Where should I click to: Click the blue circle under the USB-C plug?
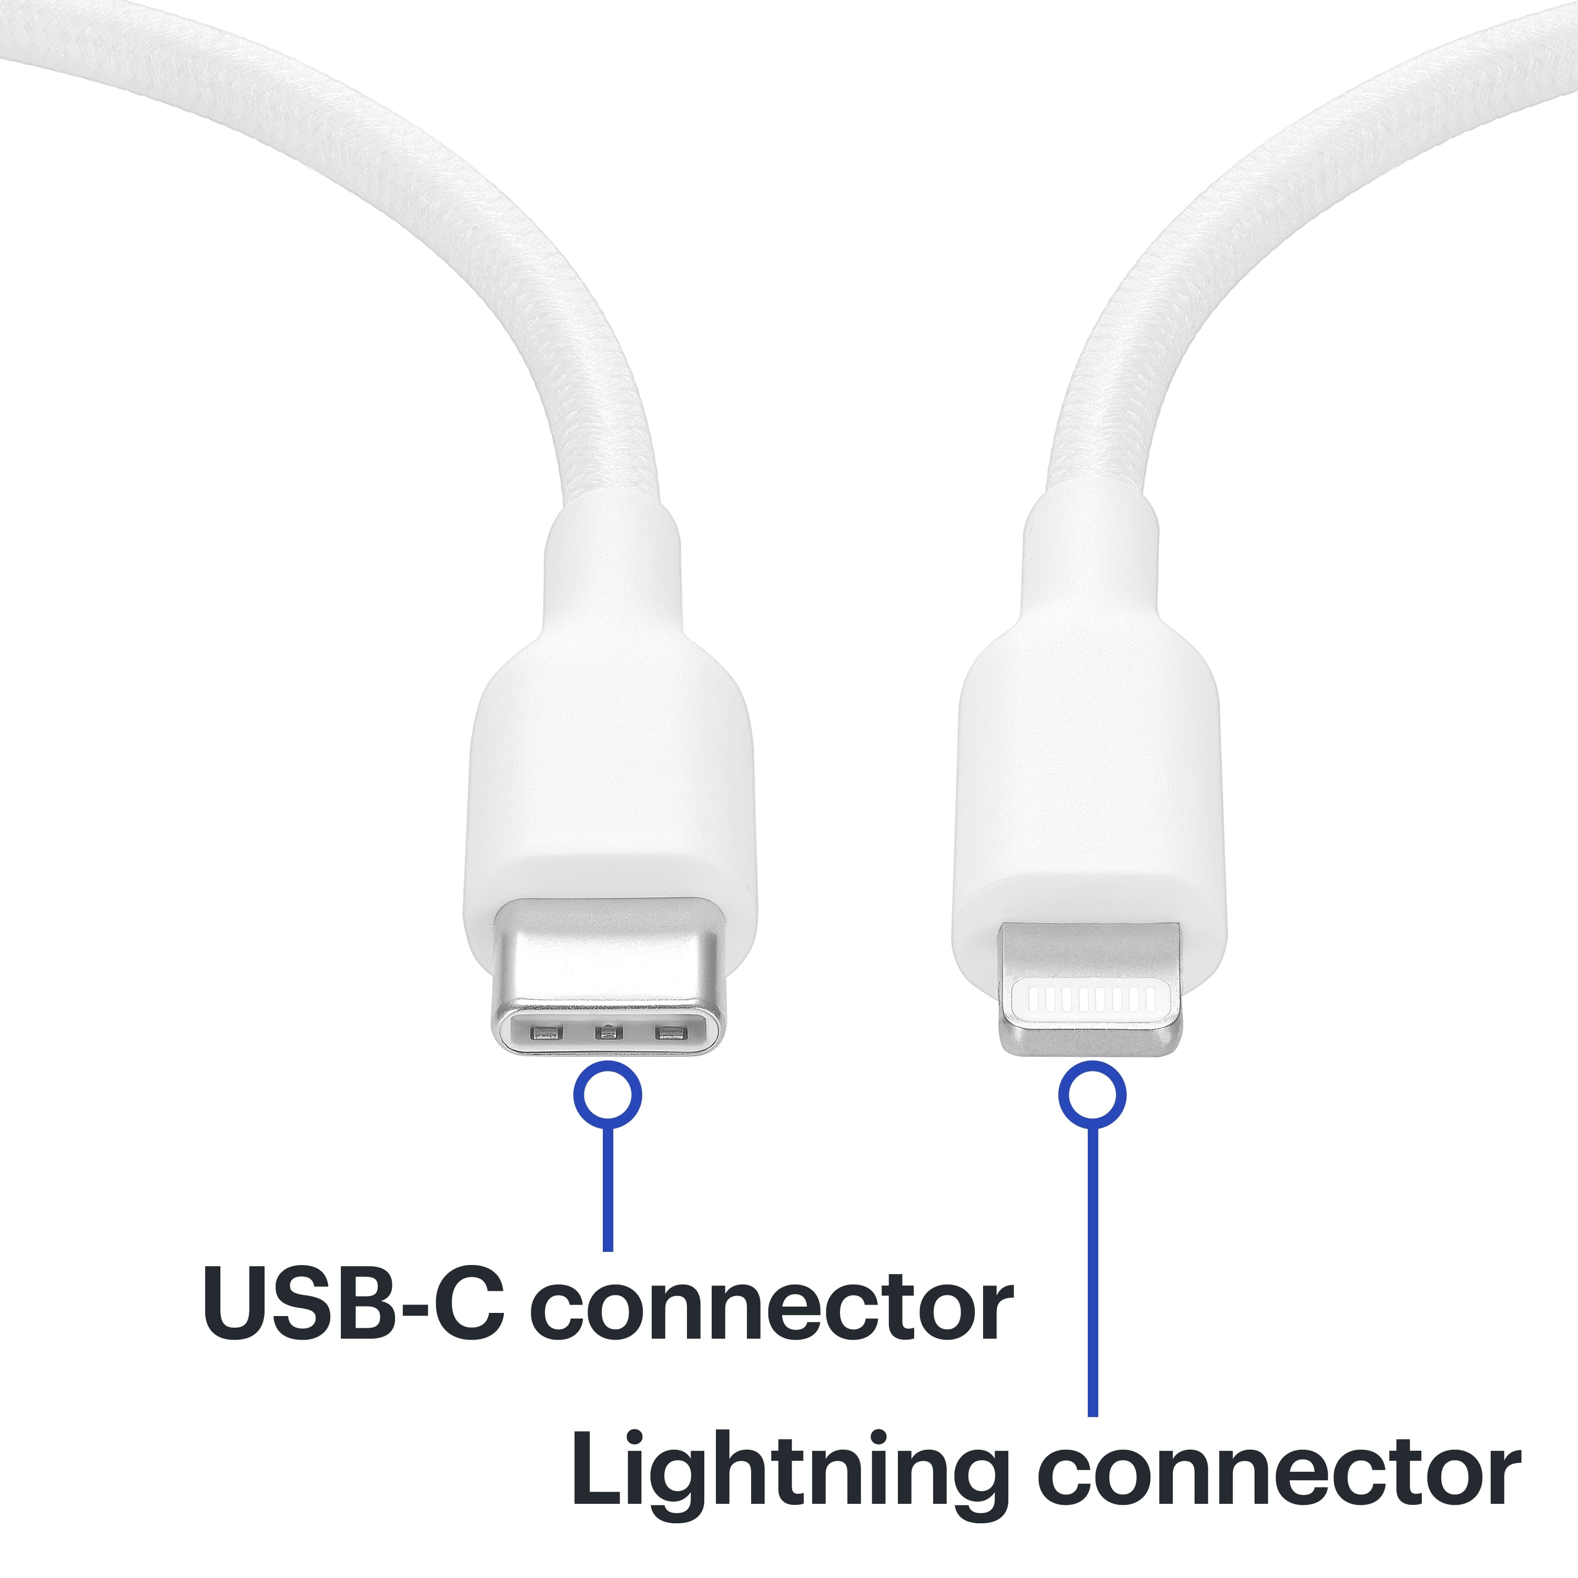[608, 1095]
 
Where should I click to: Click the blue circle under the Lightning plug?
[1092, 1095]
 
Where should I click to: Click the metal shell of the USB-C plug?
[608, 956]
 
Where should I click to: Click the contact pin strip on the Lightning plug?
[1092, 999]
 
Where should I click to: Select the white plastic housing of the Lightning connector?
[1090, 784]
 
